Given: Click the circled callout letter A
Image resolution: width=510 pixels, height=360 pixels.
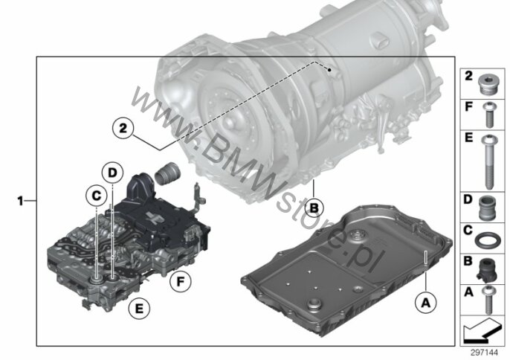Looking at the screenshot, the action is (426, 303).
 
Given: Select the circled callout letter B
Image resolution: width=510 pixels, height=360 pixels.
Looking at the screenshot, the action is (314, 208).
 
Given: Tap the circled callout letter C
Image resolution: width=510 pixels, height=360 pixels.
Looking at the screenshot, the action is (97, 196).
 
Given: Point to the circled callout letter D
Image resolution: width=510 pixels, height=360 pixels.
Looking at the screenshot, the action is (112, 173).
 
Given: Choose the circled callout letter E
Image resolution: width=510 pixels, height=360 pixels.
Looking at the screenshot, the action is (139, 308).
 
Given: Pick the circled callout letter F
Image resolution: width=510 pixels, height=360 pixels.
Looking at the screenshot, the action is (181, 282).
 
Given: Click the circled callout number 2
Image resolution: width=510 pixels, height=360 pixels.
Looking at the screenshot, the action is (123, 128).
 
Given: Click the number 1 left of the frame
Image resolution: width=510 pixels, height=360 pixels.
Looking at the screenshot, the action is (21, 201).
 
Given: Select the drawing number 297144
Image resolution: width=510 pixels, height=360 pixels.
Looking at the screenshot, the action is (485, 353).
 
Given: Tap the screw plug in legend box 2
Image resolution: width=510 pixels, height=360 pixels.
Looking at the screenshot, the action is (487, 84).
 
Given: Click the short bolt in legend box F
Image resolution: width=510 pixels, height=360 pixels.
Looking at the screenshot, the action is (488, 115).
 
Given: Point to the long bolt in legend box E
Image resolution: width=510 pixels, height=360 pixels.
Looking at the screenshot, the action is (488, 161).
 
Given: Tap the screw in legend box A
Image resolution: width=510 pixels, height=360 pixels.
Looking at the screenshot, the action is (489, 299).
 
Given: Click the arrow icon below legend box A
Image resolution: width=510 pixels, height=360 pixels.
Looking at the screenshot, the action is (482, 331).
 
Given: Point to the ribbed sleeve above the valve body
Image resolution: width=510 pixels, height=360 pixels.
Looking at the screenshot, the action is (167, 172).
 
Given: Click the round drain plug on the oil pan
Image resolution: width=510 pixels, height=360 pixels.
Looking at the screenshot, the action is (314, 305).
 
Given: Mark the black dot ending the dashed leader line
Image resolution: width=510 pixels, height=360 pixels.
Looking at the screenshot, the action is (329, 70).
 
